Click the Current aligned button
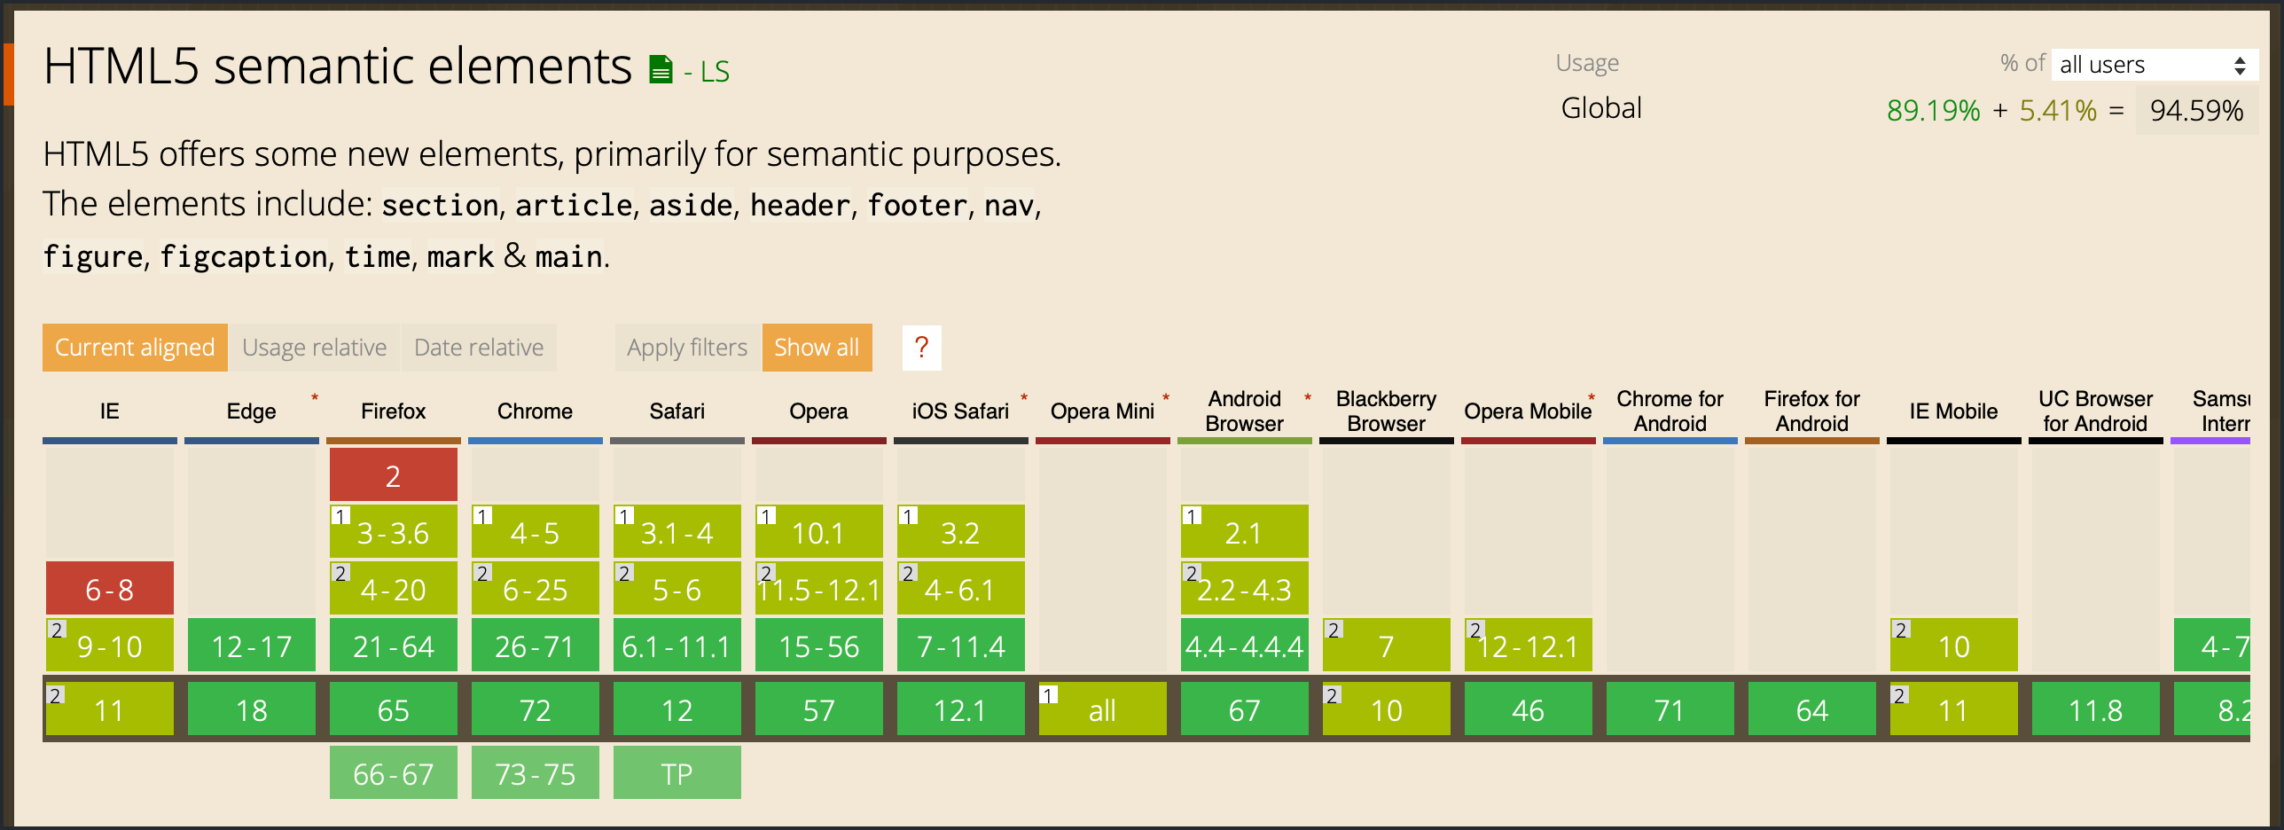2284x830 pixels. pyautogui.click(x=135, y=348)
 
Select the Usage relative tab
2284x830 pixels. pyautogui.click(x=315, y=348)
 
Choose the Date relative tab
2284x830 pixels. pyautogui.click(x=479, y=348)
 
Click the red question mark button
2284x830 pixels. pyautogui.click(x=922, y=348)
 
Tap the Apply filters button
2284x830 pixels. pyautogui.click(x=687, y=348)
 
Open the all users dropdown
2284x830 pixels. pyautogui.click(x=2154, y=65)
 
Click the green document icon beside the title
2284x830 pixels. pyautogui.click(x=661, y=69)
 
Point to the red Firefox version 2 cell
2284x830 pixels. pyautogui.click(x=394, y=475)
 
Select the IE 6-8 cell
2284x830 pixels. pyautogui.click(x=110, y=589)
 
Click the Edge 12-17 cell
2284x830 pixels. pyautogui.click(x=252, y=646)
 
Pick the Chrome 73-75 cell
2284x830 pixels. pyautogui.click(x=536, y=773)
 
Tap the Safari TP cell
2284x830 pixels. pyautogui.click(x=677, y=773)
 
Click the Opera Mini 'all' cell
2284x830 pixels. pyautogui.click(x=1103, y=709)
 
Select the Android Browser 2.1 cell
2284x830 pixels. pyautogui.click(x=1245, y=532)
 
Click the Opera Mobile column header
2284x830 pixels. pyautogui.click(x=1529, y=411)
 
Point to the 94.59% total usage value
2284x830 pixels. pyautogui.click(x=2196, y=110)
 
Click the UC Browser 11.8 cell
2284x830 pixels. pyautogui.click(x=2096, y=709)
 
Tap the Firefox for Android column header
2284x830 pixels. pyautogui.click(x=1812, y=411)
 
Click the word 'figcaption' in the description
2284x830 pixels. pyautogui.click(x=244, y=257)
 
